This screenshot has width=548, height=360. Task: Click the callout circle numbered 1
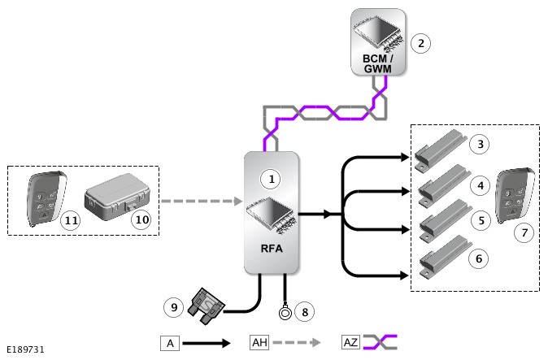click(x=272, y=179)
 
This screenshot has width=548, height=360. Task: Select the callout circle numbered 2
click(x=420, y=43)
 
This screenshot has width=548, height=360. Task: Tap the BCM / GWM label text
click(x=377, y=63)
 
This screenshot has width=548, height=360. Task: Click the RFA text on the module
click(x=272, y=249)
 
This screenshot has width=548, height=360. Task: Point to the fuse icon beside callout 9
click(x=206, y=306)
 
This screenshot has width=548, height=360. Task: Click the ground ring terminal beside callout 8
click(x=285, y=312)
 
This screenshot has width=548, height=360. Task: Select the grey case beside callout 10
click(x=117, y=197)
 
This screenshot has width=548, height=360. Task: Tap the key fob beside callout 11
click(x=46, y=198)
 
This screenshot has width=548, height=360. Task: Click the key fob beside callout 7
click(x=515, y=196)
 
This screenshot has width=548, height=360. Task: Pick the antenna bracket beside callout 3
click(x=441, y=150)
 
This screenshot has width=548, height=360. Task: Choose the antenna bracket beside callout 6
click(x=446, y=258)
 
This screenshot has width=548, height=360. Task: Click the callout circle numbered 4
click(x=481, y=185)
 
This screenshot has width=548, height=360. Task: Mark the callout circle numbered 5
click(x=481, y=220)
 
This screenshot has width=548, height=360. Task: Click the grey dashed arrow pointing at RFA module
click(x=202, y=201)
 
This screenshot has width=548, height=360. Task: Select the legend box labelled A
click(x=170, y=343)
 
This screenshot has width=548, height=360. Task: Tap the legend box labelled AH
click(x=259, y=342)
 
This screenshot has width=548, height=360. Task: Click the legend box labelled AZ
click(x=350, y=342)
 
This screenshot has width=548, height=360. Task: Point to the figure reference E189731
click(x=25, y=349)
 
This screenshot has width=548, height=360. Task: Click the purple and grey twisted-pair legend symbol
click(x=380, y=342)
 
